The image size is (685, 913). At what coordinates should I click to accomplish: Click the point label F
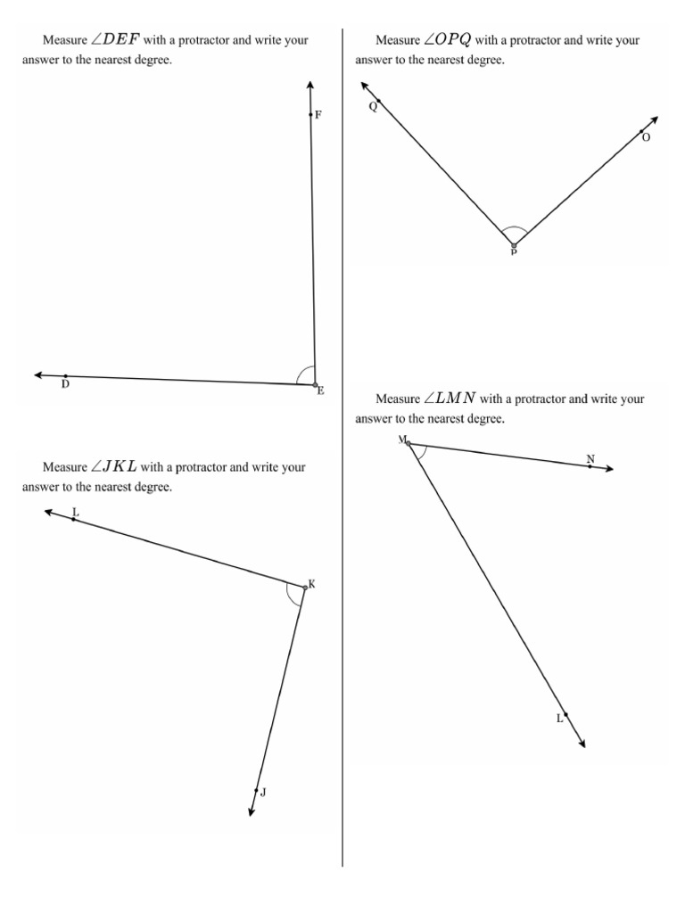[x=318, y=115]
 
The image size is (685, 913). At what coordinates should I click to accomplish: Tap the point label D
[x=65, y=385]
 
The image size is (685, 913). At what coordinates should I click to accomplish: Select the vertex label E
[x=321, y=391]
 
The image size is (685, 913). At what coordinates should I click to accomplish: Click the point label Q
[x=373, y=107]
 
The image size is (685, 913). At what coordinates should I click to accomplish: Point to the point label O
[x=647, y=137]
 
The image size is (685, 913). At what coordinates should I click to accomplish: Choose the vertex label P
[x=513, y=252]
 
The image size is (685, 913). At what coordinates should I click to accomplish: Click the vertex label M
[x=402, y=440]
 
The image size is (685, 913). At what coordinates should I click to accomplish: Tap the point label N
[x=590, y=458]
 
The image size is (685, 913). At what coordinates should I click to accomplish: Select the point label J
[x=263, y=792]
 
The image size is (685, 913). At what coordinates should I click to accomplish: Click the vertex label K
[x=311, y=584]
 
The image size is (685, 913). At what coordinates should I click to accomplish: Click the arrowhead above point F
[x=309, y=85]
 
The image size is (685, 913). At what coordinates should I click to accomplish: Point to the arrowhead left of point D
[x=38, y=375]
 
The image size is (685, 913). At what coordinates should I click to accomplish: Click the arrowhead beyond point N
[x=609, y=469]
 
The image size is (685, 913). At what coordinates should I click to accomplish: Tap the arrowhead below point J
[x=252, y=810]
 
